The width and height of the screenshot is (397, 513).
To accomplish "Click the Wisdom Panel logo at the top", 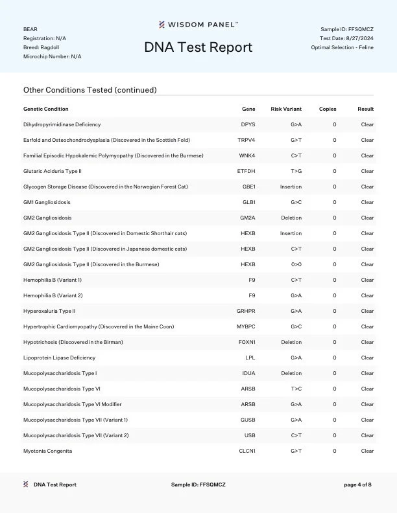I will [x=198, y=25].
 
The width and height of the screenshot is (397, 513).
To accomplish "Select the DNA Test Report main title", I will [x=198, y=47].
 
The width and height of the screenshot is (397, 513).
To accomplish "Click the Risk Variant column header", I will [x=286, y=109].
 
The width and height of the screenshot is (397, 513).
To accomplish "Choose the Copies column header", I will [x=328, y=109].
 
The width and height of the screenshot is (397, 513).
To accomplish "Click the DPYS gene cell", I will [x=248, y=124].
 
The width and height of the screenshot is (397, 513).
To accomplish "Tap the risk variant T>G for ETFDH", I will [x=295, y=171].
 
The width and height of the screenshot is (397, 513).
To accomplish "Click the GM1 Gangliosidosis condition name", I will [x=47, y=202].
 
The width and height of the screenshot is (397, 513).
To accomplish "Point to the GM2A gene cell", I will [x=248, y=218].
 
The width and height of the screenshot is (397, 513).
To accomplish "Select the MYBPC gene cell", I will [x=246, y=326].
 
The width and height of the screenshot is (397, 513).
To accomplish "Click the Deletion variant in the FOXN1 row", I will [x=291, y=342].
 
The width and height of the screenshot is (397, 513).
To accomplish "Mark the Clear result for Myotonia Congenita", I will [x=367, y=451].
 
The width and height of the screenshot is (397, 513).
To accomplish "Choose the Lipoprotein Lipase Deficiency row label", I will [x=59, y=358].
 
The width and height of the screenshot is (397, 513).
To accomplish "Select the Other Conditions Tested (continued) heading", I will [x=90, y=90].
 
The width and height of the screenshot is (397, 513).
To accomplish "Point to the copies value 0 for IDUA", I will [x=335, y=373].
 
